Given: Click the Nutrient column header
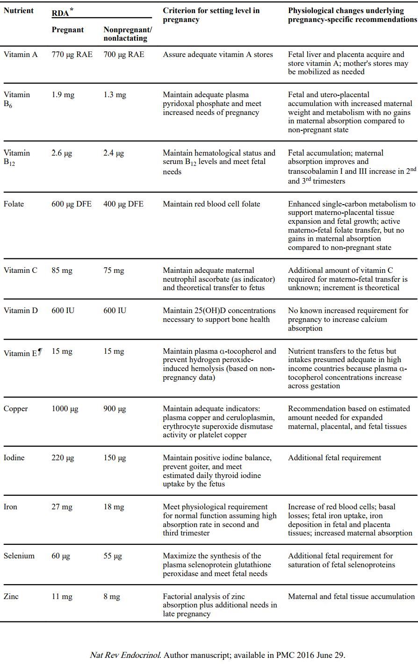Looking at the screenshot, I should (19, 11).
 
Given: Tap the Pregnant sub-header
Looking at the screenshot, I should (68, 30).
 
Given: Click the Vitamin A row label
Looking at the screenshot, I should (21, 55).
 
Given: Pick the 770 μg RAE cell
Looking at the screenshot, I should (72, 55).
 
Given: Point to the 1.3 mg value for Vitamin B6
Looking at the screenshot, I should (115, 95).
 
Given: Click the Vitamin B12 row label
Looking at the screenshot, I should (17, 157).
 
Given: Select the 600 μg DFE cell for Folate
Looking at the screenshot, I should (72, 204).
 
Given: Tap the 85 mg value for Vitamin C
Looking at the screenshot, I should (62, 271).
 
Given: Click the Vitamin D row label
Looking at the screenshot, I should (21, 311).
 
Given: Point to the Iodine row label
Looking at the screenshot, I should (14, 458).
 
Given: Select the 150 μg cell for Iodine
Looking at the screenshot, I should (115, 458).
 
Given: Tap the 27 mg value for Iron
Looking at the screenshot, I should (62, 507).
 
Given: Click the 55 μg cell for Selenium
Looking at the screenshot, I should (113, 556).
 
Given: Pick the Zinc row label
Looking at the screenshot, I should (11, 597).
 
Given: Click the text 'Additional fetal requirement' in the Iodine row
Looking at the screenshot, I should (334, 458).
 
